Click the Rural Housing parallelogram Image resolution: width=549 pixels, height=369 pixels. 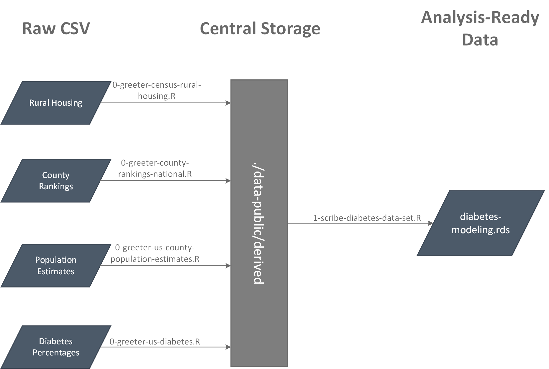[56, 103]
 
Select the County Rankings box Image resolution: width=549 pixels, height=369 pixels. [56, 181]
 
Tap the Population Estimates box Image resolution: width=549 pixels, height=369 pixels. [56, 265]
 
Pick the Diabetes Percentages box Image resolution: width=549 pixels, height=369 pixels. [56, 347]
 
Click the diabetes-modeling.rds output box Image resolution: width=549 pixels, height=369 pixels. [480, 223]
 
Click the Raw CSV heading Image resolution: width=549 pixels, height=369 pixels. [56, 29]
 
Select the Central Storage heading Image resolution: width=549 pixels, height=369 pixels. [260, 29]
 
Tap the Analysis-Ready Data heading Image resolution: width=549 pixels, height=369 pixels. [480, 28]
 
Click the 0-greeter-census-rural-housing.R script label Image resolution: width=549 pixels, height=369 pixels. [157, 90]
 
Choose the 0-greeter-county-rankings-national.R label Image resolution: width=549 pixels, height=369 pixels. [155, 168]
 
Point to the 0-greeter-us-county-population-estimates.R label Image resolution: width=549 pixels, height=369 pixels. [155, 253]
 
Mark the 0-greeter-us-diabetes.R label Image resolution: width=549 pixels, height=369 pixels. [155, 342]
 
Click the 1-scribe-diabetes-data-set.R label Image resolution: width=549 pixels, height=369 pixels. [367, 218]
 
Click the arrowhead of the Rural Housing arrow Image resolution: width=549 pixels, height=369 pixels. [228, 103]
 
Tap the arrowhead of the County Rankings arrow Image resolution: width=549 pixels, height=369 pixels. [228, 181]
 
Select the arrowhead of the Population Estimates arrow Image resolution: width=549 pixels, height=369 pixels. [228, 266]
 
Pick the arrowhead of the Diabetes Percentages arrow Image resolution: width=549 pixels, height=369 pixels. [228, 347]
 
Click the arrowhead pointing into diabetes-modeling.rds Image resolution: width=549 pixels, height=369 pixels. [430, 223]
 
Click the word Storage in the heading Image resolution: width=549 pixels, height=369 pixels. [290, 29]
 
